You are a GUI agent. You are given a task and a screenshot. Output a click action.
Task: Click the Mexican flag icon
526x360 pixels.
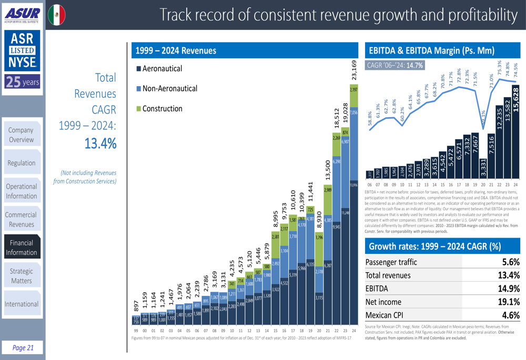click(57, 15)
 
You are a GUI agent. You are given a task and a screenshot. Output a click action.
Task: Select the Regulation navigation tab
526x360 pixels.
click(22, 163)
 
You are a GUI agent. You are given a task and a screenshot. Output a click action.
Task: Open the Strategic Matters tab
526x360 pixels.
click(22, 276)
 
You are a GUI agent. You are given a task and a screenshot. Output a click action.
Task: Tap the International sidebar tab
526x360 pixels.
click(22, 304)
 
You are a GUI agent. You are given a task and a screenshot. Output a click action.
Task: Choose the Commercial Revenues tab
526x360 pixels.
click(22, 219)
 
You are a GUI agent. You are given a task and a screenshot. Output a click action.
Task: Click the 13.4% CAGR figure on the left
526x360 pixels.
click(100, 143)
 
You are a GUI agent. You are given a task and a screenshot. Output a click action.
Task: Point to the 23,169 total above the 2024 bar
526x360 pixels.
click(353, 70)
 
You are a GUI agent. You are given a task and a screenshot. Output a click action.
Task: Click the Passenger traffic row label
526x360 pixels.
click(391, 262)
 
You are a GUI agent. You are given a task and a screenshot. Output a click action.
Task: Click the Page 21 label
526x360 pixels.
click(23, 347)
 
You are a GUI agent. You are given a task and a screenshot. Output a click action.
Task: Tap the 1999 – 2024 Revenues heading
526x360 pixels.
click(176, 50)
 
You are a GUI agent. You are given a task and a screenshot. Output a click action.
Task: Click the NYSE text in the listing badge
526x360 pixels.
click(22, 63)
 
